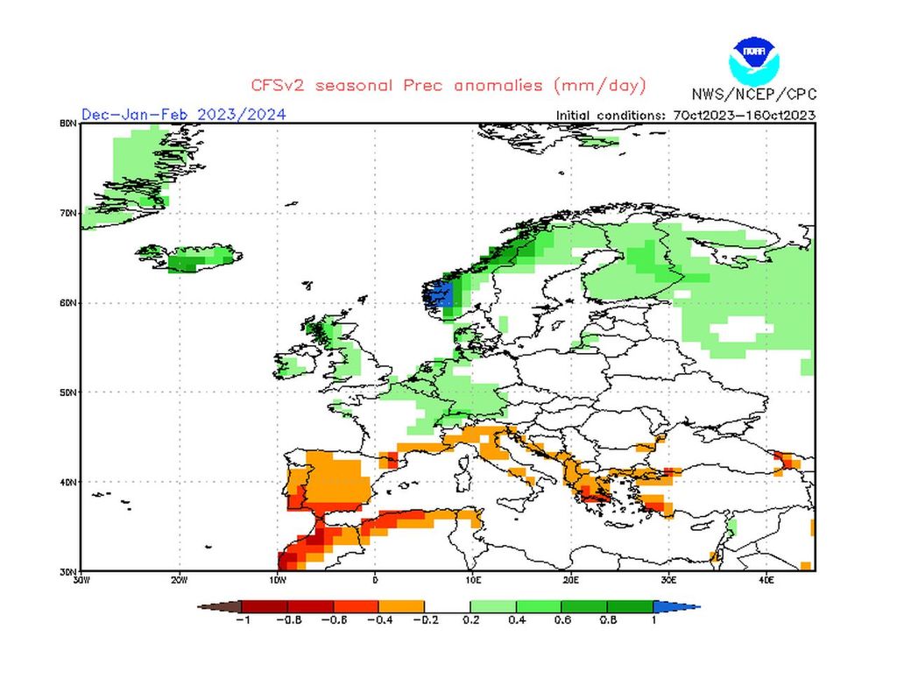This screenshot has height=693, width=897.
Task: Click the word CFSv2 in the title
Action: [x=277, y=86]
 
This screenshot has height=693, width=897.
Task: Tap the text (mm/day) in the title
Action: [x=600, y=86]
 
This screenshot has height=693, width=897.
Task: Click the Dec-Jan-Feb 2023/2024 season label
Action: [x=183, y=114]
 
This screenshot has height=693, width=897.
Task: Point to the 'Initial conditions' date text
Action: [x=686, y=115]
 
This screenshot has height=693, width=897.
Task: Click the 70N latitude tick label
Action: [x=67, y=213]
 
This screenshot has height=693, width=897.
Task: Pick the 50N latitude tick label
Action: [x=67, y=392]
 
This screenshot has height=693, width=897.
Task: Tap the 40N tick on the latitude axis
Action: [x=67, y=482]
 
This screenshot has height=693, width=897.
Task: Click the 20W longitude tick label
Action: [x=179, y=579]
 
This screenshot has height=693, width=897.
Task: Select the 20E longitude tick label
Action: [x=570, y=579]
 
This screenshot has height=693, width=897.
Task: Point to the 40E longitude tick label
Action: [x=766, y=579]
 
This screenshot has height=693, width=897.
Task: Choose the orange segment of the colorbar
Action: [x=401, y=606]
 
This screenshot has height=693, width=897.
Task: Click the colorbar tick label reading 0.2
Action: [x=470, y=620]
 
